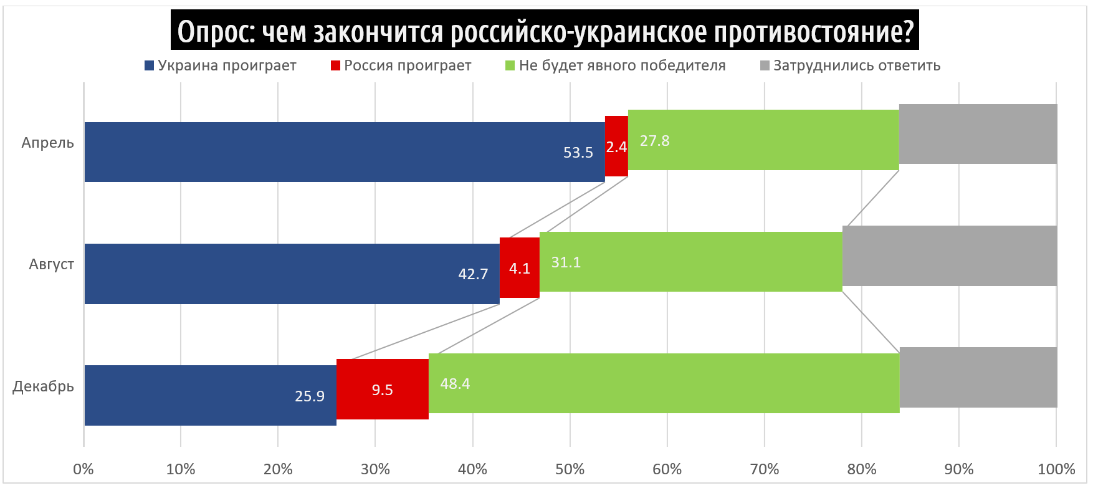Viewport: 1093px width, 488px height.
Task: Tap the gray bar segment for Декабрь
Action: click(978, 378)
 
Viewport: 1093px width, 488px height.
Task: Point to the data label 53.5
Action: click(578, 153)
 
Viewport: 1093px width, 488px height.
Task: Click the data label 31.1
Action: click(566, 262)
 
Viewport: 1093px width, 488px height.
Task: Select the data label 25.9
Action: click(310, 396)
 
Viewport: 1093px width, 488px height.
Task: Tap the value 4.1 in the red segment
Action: click(519, 269)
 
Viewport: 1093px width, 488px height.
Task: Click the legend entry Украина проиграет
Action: click(226, 65)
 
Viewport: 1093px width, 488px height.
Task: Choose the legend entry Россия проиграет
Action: click(408, 65)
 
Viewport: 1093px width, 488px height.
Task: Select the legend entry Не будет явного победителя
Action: click(622, 65)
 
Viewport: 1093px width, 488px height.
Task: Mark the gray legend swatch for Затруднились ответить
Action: click(765, 65)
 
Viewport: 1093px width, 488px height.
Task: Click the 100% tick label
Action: click(1056, 469)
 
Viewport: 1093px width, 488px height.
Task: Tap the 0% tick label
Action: click(84, 469)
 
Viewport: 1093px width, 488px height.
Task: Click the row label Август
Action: click(51, 264)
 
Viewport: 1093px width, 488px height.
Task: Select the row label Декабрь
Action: click(44, 386)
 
